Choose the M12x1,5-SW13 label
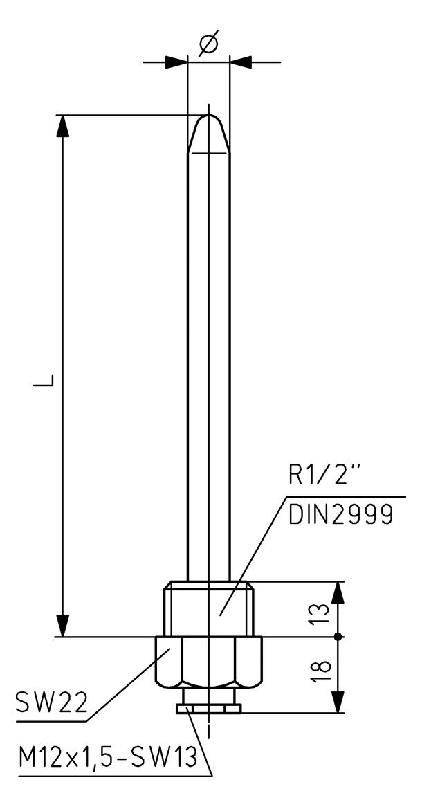pyautogui.click(x=107, y=758)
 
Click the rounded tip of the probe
pyautogui.click(x=208, y=134)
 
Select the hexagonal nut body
pyautogui.click(x=208, y=662)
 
